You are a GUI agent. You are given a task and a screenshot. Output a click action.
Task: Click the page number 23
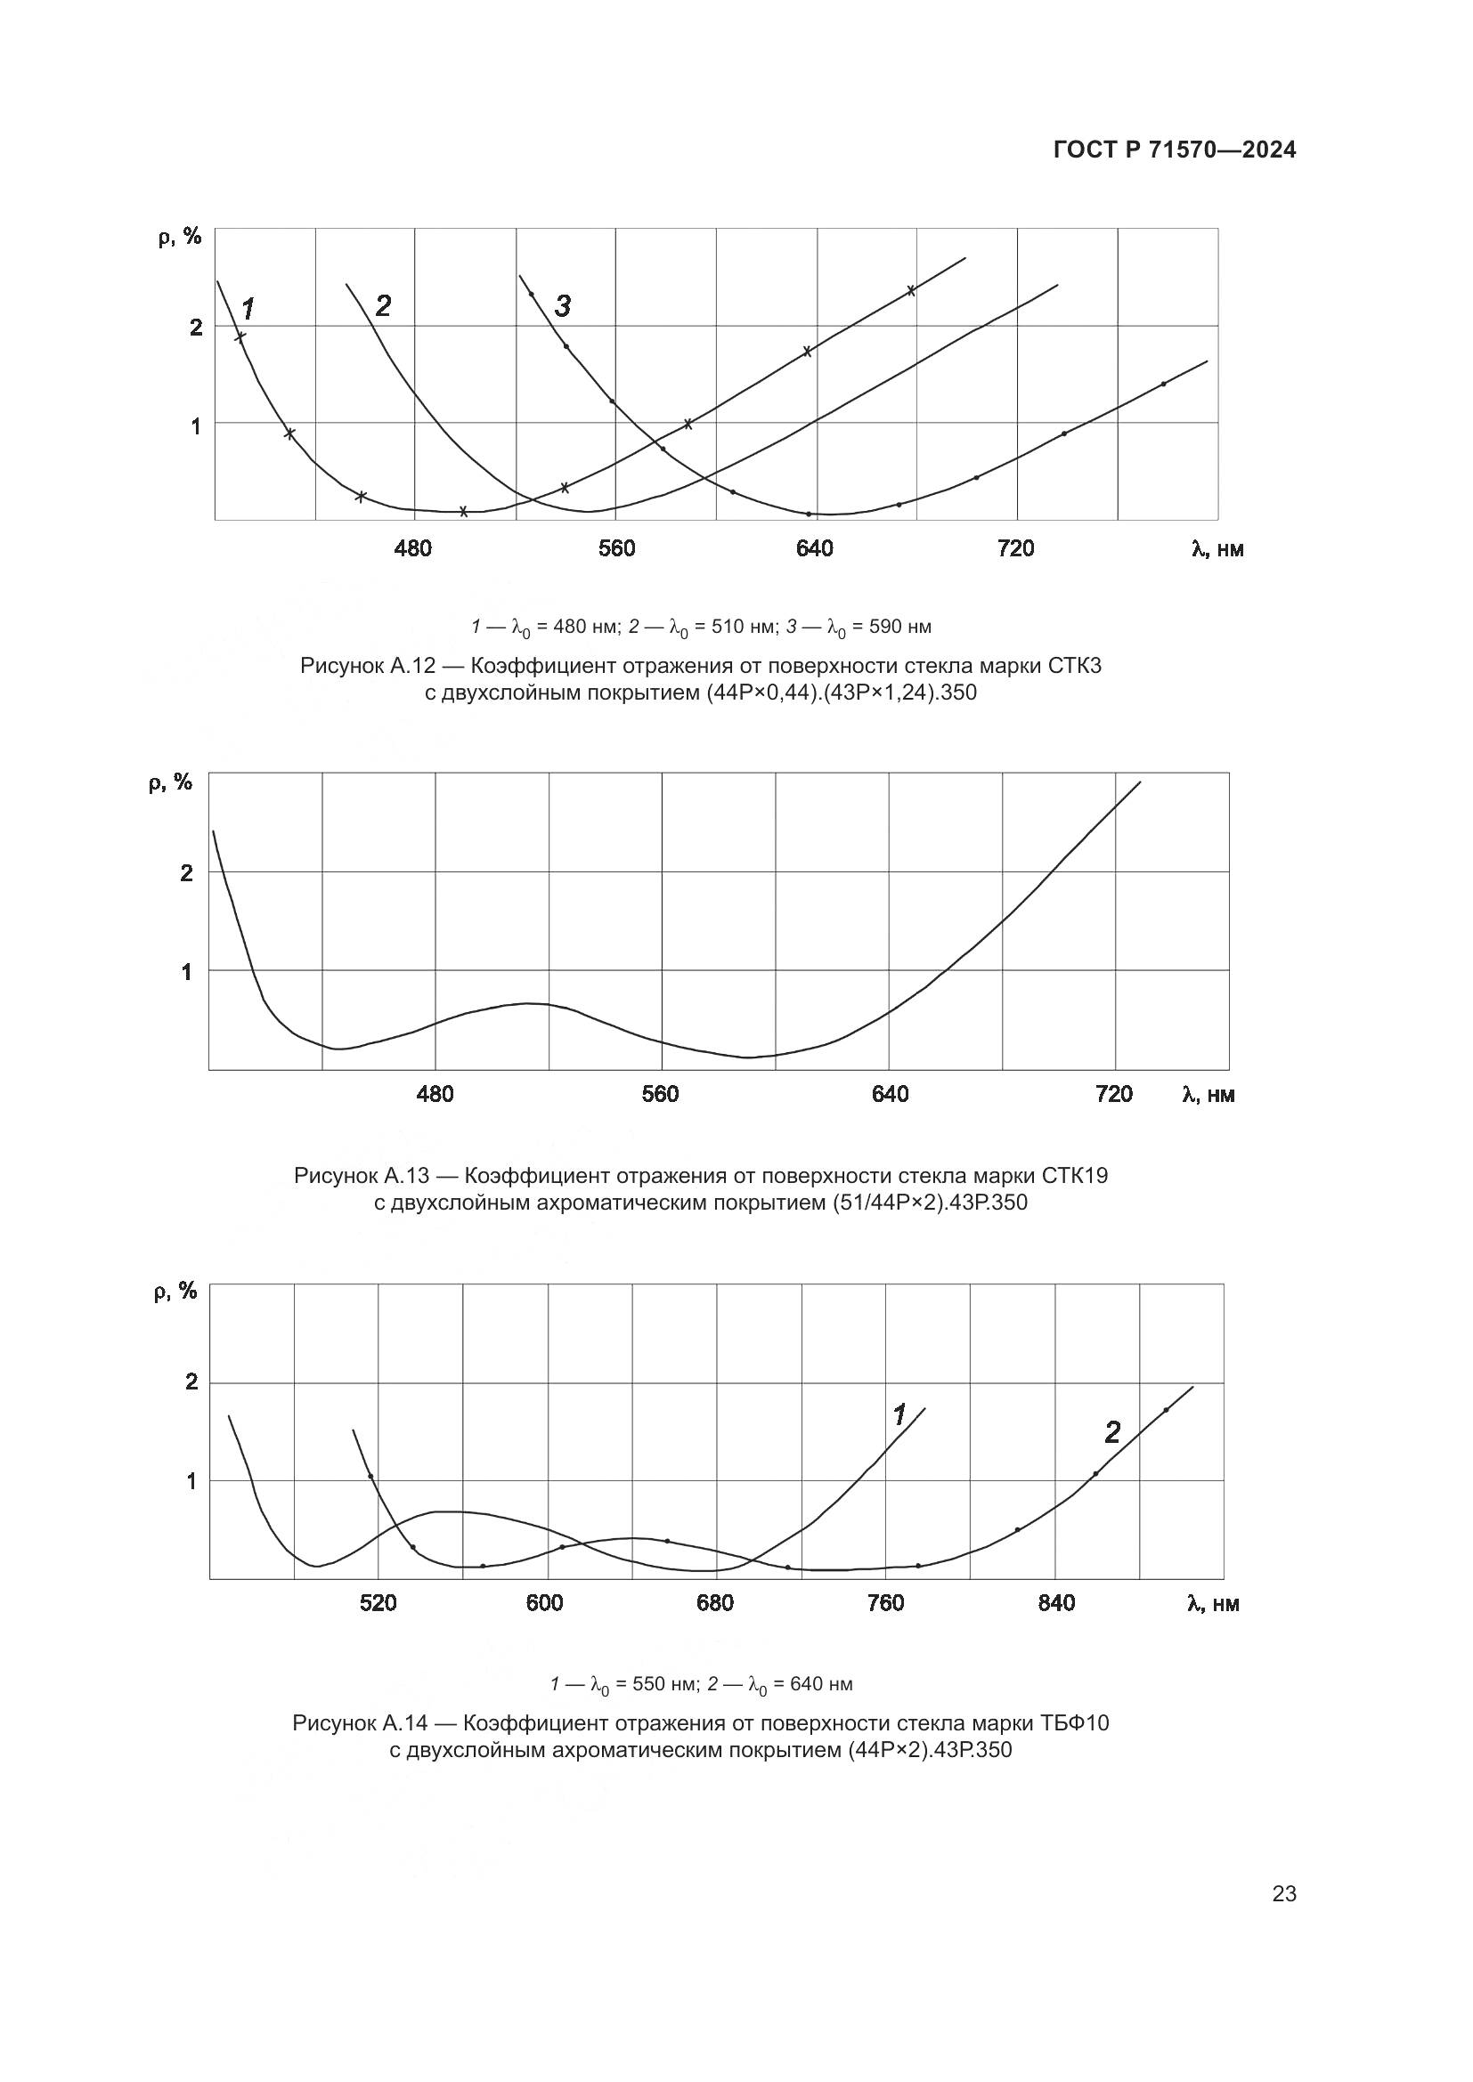[1283, 1894]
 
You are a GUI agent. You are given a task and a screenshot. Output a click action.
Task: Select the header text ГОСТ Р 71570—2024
[1175, 150]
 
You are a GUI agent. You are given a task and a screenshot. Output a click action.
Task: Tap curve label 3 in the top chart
[562, 306]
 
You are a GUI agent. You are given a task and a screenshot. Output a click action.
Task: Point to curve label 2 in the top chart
[383, 306]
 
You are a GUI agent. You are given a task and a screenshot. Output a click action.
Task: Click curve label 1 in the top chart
[248, 309]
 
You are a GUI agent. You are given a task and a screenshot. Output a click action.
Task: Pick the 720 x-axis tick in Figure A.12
[1015, 548]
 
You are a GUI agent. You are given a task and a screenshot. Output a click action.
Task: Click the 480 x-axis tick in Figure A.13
[435, 1095]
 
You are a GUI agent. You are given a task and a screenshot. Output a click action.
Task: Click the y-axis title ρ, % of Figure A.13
[170, 782]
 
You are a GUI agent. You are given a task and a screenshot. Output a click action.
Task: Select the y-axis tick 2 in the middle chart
[187, 873]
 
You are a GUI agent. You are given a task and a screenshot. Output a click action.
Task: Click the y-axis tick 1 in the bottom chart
[191, 1482]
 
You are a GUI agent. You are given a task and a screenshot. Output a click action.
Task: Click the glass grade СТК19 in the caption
[1074, 1176]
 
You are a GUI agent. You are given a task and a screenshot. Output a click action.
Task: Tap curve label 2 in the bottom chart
[1112, 1433]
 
